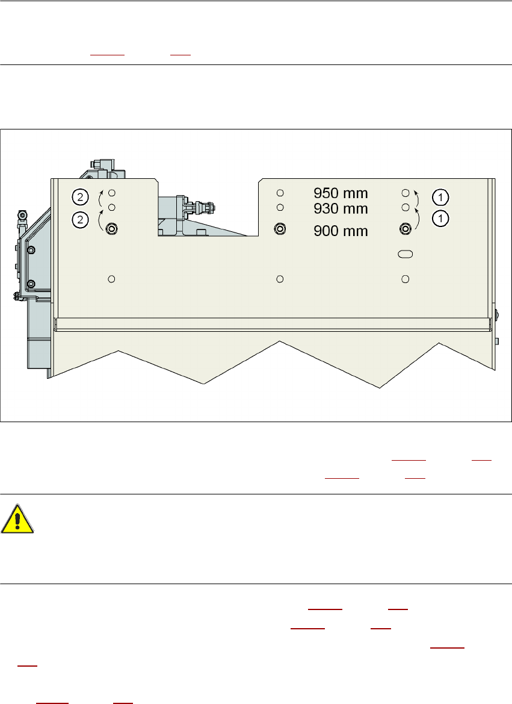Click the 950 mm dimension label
point(341,193)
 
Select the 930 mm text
point(341,208)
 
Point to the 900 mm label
point(341,231)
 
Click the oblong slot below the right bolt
point(406,255)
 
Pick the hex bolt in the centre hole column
point(280,228)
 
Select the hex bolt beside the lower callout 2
point(111,228)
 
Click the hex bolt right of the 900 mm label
point(406,228)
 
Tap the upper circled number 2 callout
point(79,196)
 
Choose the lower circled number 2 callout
point(79,220)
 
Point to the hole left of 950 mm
point(280,193)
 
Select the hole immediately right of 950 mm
point(406,193)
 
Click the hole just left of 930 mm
point(280,207)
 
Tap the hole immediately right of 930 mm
point(406,207)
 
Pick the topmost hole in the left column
point(111,193)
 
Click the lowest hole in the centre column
point(280,278)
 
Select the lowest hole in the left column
point(111,278)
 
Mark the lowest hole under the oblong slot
point(406,278)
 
